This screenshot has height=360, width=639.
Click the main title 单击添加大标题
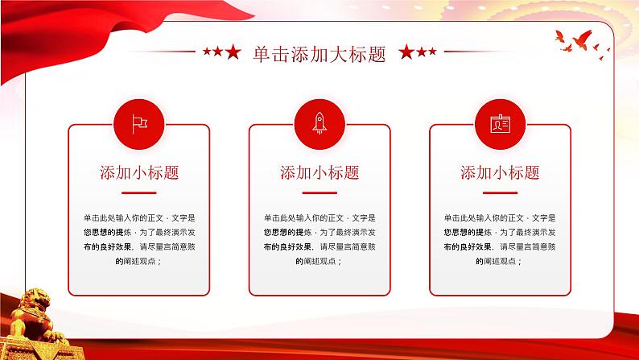319,53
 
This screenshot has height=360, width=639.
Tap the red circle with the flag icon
138,122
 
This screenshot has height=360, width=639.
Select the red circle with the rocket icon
319,122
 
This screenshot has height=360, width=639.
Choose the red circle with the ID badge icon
500,122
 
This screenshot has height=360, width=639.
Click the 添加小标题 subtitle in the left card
138,172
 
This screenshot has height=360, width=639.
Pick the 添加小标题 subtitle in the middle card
319,172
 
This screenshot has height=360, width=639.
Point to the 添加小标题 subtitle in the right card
500,172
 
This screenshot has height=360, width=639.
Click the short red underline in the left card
138,193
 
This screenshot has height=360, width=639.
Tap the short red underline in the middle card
319,193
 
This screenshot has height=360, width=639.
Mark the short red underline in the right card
500,193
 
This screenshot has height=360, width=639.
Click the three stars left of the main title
221,53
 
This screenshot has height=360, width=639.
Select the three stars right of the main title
418,53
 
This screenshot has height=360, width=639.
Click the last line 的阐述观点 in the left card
138,262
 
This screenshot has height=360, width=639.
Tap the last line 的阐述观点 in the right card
500,262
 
